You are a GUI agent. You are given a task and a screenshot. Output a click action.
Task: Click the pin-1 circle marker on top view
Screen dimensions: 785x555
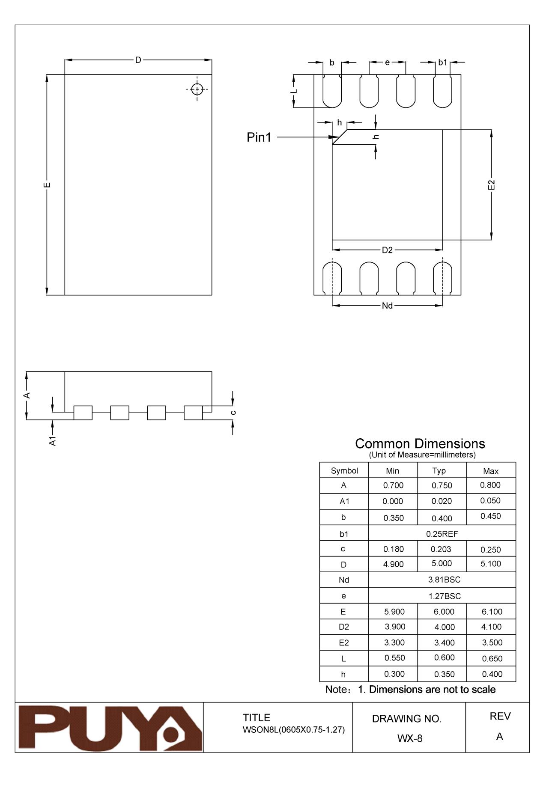click(197, 89)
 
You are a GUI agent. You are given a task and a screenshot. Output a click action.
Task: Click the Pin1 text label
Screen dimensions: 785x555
click(259, 137)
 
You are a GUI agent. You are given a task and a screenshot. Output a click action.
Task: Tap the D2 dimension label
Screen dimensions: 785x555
click(387, 250)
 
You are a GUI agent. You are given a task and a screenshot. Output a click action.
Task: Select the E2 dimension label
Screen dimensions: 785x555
click(491, 185)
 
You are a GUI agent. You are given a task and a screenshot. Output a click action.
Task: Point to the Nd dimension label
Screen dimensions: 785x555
click(387, 306)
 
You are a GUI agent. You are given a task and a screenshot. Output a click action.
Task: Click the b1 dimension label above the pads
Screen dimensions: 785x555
click(442, 62)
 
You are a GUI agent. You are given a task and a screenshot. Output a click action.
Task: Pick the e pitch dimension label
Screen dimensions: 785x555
click(387, 62)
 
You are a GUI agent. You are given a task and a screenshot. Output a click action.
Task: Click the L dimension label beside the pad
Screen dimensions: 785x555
click(294, 91)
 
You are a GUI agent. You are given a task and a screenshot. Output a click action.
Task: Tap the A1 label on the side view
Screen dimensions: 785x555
click(53, 441)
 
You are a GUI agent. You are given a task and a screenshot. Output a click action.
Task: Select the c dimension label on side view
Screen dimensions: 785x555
click(233, 413)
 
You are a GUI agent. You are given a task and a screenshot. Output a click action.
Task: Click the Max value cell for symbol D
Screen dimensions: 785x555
click(491, 564)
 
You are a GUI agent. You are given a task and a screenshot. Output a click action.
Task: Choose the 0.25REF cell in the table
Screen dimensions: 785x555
click(442, 534)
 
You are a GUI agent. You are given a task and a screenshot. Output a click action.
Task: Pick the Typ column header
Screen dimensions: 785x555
click(439, 471)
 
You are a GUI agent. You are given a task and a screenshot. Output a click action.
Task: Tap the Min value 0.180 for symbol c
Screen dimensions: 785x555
click(393, 549)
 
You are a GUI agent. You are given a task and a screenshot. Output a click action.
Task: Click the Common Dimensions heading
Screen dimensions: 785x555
click(420, 443)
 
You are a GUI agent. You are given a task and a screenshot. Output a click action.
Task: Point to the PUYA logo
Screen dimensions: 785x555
click(109, 729)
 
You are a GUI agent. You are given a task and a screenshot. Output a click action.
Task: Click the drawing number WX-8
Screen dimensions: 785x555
click(409, 738)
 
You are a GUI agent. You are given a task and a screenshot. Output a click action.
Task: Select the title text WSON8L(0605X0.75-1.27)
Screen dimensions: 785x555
click(294, 730)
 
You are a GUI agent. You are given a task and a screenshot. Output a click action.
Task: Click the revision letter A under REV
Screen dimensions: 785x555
click(499, 737)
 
